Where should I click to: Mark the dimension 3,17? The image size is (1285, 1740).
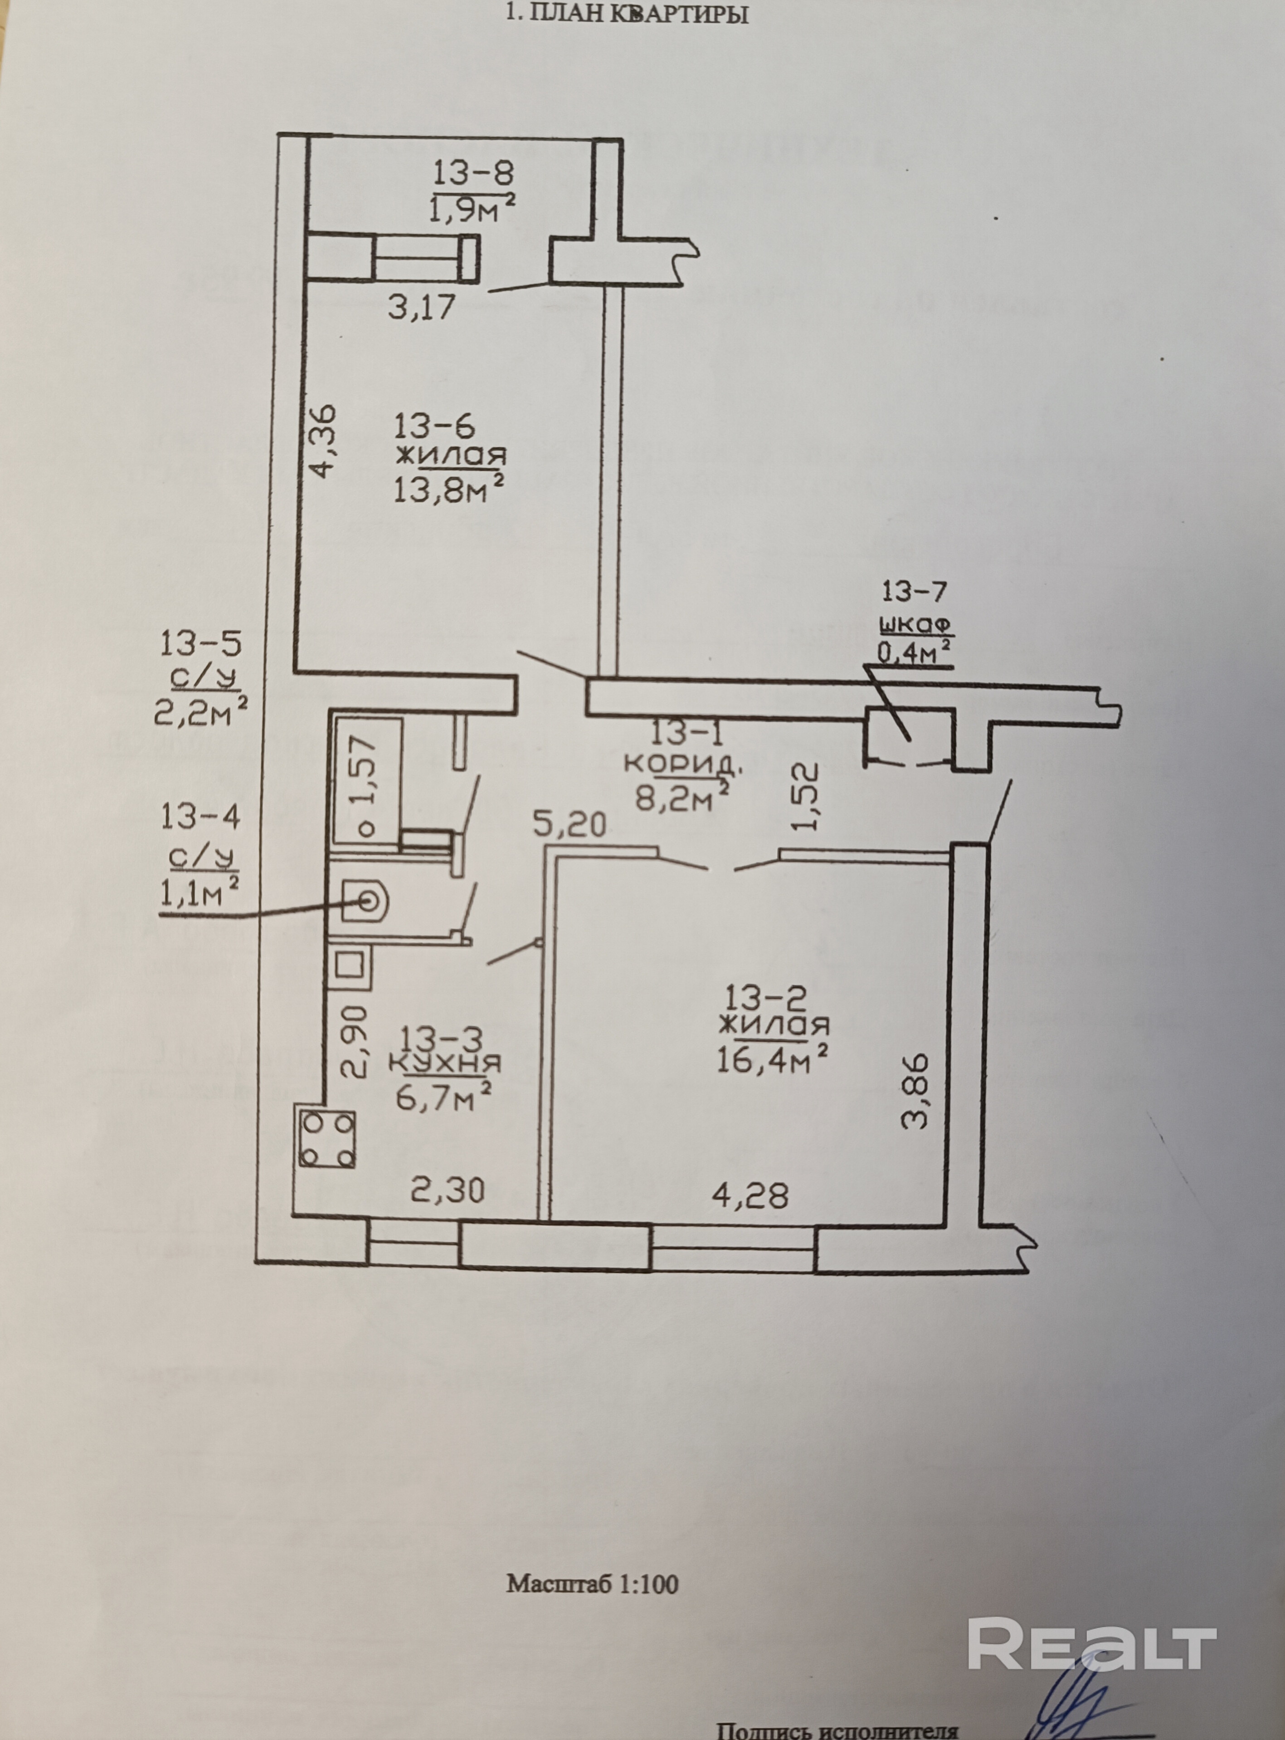(x=421, y=307)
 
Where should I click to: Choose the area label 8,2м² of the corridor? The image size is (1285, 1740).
(x=682, y=798)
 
